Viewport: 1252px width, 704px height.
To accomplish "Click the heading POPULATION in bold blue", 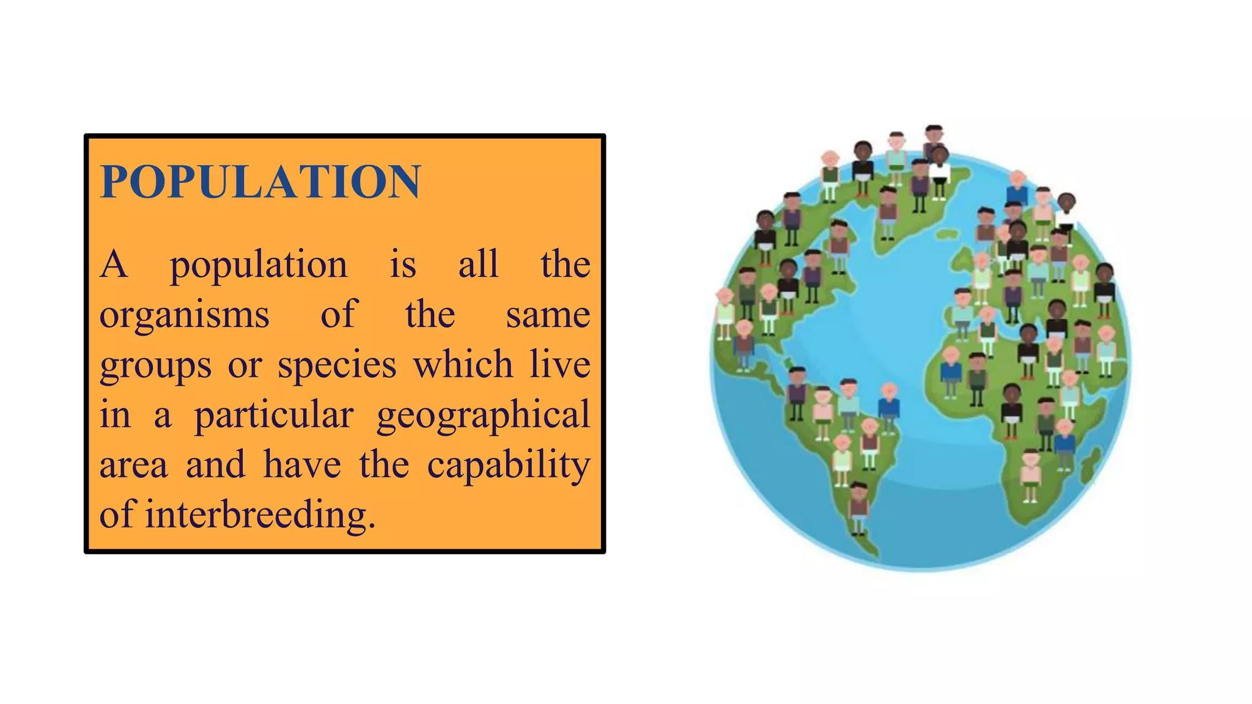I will [260, 182].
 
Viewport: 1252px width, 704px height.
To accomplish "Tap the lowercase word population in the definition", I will [258, 266].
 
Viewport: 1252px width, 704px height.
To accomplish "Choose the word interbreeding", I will [260, 515].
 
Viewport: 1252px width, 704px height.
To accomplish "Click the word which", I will [463, 365].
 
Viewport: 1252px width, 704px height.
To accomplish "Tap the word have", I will [302, 465].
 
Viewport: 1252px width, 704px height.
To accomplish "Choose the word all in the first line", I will [478, 265].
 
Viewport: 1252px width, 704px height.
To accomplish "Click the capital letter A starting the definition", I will [114, 265].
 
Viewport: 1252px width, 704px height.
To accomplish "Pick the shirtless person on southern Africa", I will [1031, 474].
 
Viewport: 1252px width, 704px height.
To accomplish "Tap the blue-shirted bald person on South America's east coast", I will [889, 406].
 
